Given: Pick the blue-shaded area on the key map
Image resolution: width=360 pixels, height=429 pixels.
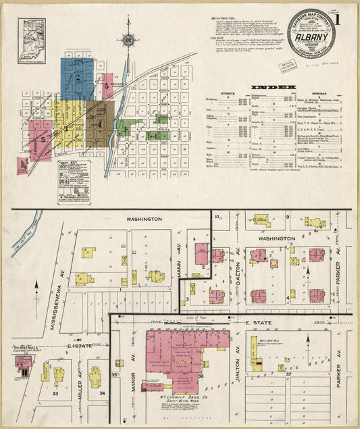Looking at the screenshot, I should point(77,78).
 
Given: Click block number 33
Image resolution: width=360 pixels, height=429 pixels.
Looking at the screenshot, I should point(55,393).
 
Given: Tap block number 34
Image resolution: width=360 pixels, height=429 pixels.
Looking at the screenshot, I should point(102,393).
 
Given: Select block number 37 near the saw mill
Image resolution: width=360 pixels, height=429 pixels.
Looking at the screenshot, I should point(288,374).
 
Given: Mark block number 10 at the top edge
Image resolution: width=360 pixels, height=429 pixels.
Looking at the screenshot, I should point(217,217).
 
